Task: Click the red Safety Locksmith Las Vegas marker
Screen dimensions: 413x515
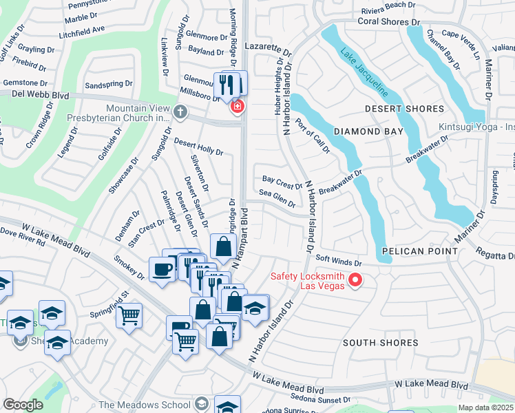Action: coord(355,279)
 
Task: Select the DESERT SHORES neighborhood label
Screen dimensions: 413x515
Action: coord(404,109)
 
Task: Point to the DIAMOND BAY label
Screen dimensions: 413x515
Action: coord(366,131)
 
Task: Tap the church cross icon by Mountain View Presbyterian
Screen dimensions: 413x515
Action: coord(180,111)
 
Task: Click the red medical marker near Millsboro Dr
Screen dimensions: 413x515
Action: coord(238,107)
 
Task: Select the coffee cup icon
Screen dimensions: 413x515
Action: coord(162,269)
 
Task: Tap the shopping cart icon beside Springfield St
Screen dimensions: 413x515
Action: coord(129,315)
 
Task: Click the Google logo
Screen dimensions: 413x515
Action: coord(23,405)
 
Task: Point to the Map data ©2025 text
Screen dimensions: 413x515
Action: coord(485,407)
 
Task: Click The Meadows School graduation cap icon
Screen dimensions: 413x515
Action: coord(202,403)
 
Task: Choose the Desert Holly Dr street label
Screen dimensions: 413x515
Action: coord(198,146)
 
